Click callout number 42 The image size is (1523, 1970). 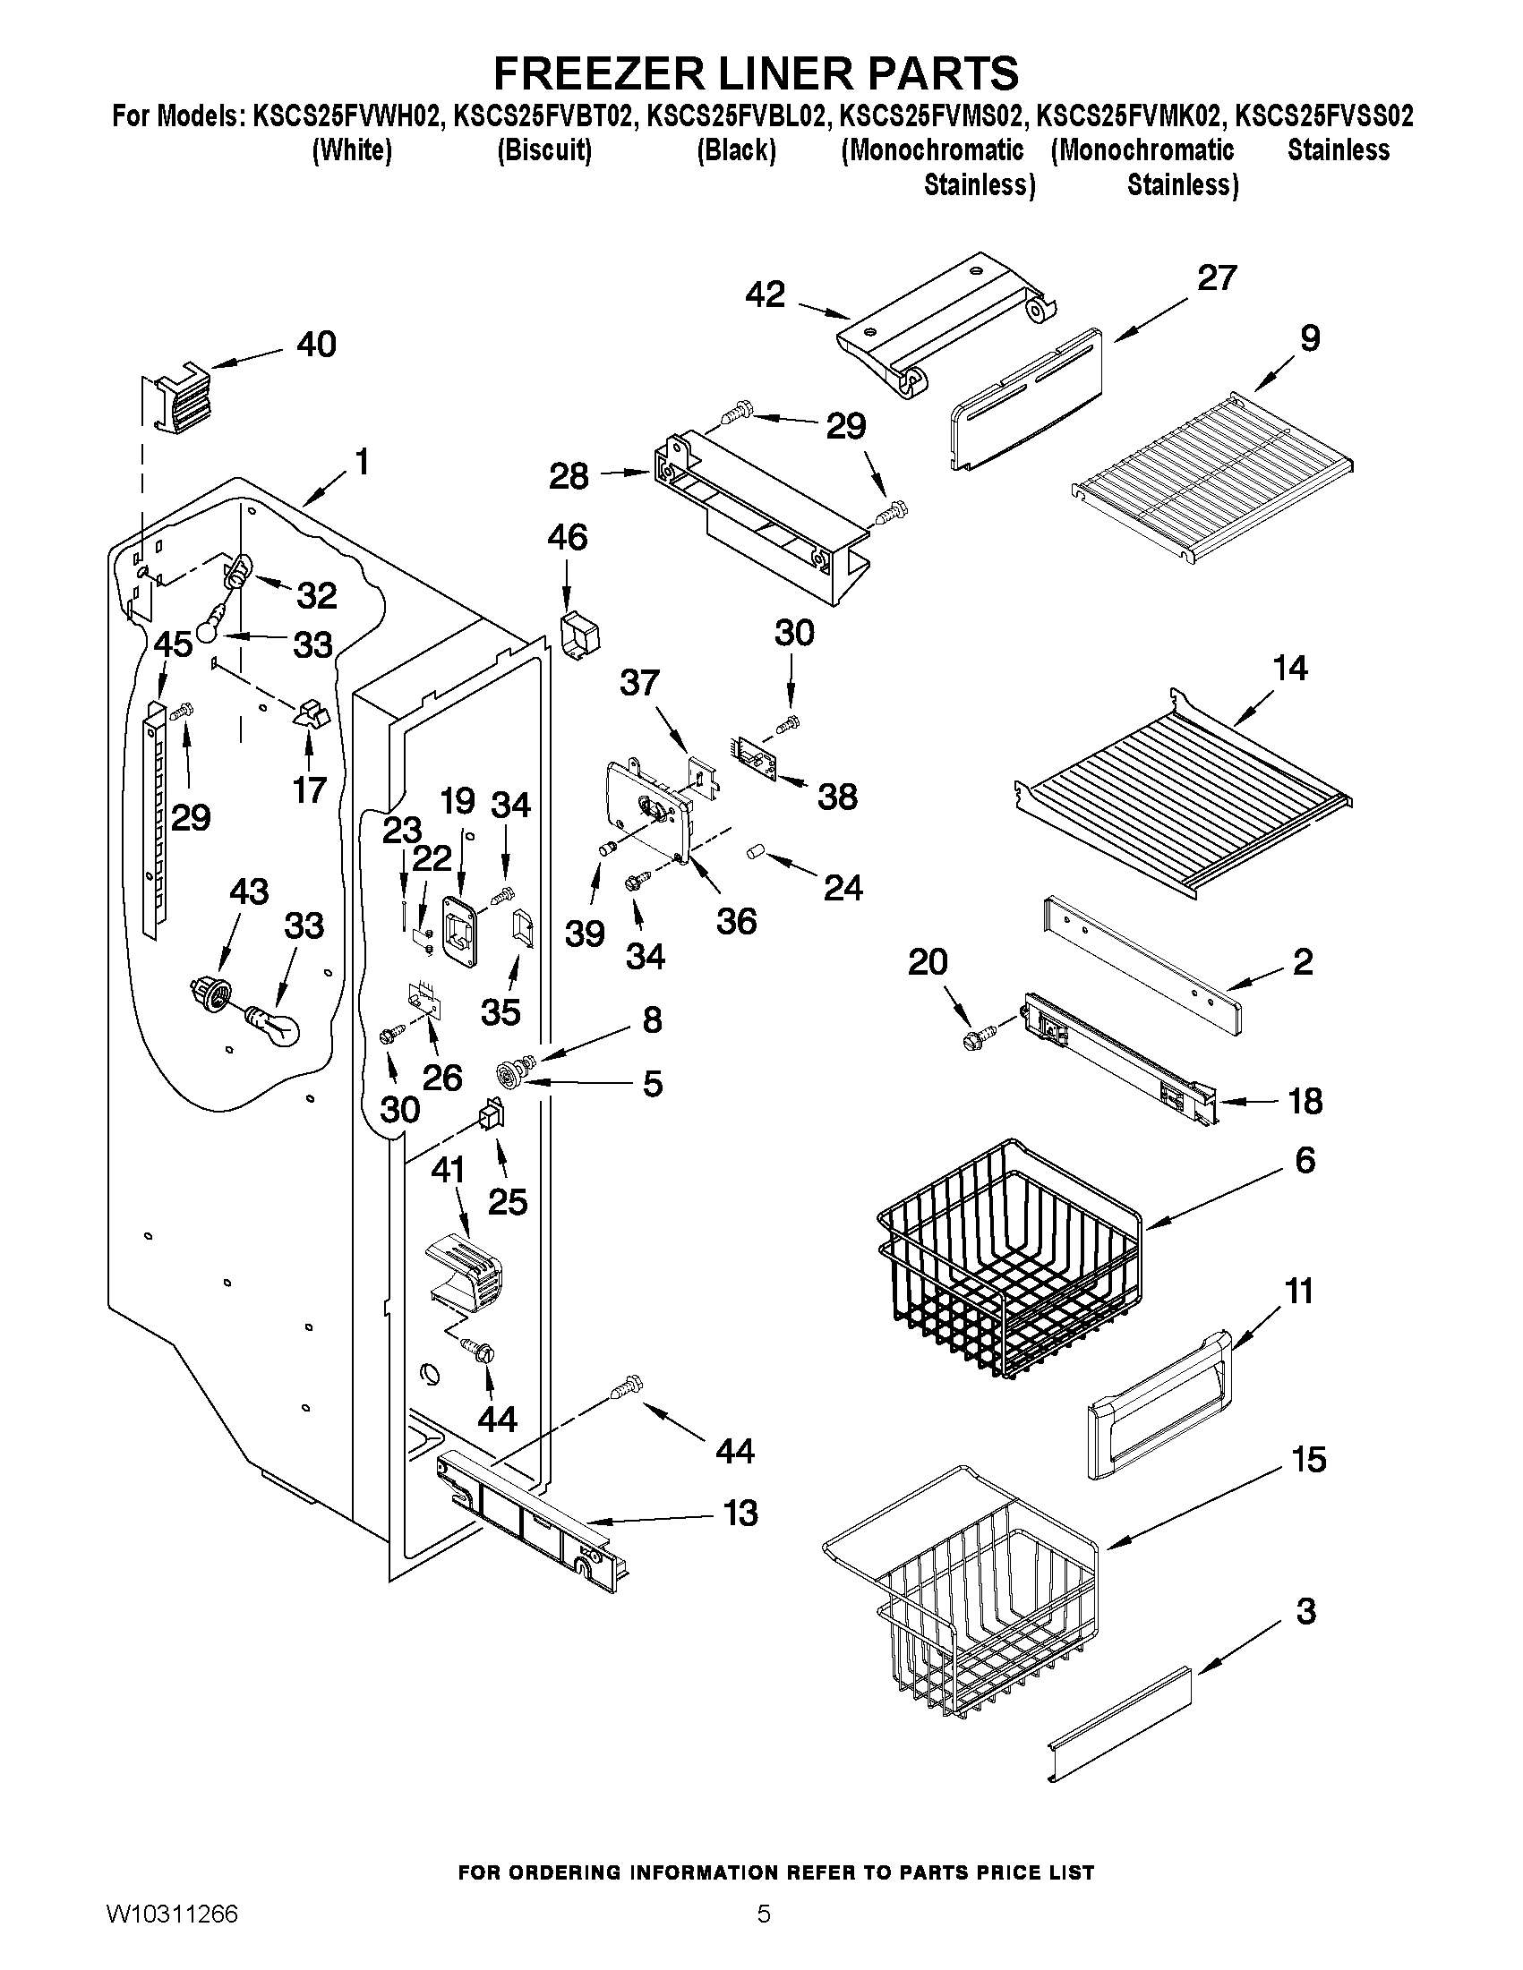766,295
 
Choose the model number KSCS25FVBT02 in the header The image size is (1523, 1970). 543,116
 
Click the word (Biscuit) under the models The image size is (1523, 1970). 544,149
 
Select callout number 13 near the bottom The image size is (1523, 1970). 740,1513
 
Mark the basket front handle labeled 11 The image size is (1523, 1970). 1160,1407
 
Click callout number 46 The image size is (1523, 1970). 567,538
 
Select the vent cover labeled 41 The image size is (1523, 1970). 464,1271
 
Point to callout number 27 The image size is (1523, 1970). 1216,277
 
